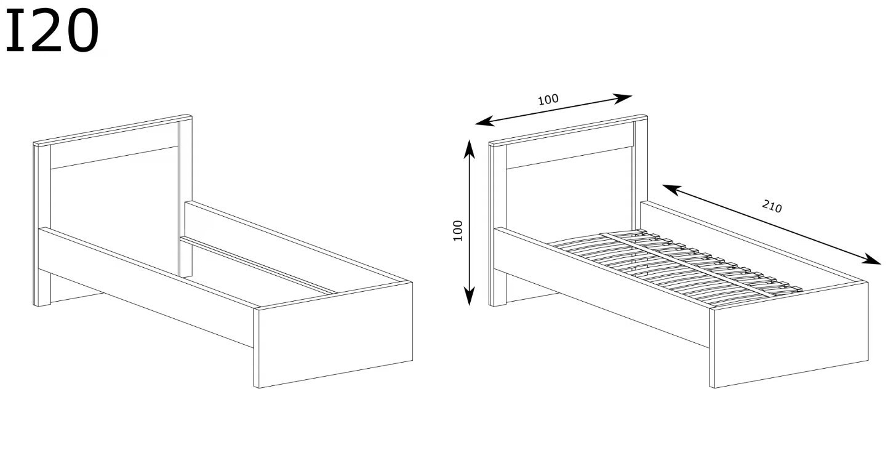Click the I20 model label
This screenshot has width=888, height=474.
point(52,31)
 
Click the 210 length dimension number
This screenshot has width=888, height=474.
point(772,206)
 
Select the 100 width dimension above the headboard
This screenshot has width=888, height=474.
point(548,99)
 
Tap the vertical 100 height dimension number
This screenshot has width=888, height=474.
point(457,230)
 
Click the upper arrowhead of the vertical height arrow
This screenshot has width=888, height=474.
point(470,148)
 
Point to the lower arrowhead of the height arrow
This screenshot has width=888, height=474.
point(469,296)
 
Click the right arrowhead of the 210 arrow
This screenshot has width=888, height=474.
point(871,259)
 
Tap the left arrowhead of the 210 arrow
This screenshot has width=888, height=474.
point(671,189)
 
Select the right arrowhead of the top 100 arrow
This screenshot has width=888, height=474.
point(622,98)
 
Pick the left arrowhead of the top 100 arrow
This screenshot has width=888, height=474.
point(484,121)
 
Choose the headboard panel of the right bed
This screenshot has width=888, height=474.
point(569,190)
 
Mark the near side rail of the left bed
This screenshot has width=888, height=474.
point(146,286)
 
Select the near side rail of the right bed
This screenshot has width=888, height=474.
point(602,286)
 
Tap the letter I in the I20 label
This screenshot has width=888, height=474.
point(15,31)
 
